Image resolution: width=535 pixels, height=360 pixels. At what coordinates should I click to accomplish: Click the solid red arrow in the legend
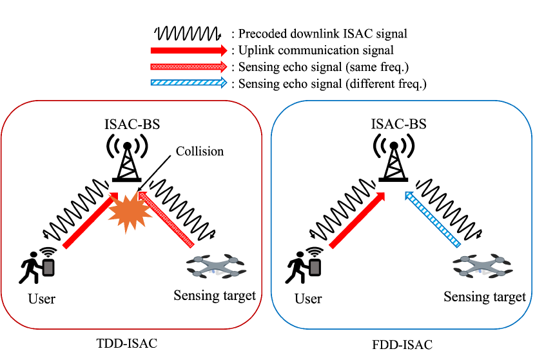tap(187, 50)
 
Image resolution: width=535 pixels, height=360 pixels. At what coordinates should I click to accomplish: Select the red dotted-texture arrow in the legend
tap(187, 66)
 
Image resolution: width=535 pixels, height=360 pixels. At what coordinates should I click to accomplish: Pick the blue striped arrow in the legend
tap(187, 83)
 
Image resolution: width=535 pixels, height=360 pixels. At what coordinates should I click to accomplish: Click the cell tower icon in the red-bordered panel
tap(127, 157)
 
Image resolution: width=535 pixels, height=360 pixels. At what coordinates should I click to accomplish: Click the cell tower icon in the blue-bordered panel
tap(393, 157)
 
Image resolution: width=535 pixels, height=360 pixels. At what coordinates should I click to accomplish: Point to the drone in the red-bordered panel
tap(215, 266)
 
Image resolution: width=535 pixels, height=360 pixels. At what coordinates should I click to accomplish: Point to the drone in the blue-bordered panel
tap(482, 266)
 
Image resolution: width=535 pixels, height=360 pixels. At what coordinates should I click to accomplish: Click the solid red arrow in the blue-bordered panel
tap(356, 221)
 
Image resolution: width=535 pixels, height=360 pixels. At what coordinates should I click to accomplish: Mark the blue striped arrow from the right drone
tap(433, 219)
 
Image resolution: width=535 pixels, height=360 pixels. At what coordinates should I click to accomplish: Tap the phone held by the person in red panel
tap(48, 268)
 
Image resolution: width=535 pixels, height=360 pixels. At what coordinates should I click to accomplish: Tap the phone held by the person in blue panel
tap(315, 268)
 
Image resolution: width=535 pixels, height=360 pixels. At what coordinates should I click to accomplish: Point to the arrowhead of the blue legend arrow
tap(224, 83)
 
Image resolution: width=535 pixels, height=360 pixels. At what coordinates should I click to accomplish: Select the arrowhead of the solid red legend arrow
tap(224, 50)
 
